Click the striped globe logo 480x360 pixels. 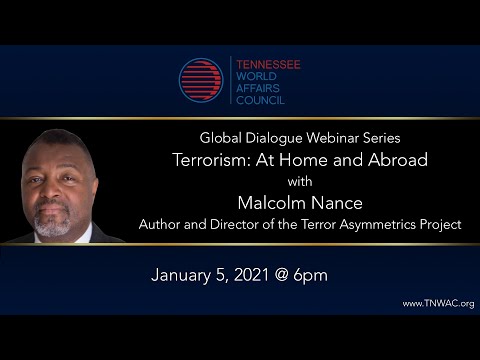click(x=200, y=80)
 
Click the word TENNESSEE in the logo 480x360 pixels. click(x=266, y=64)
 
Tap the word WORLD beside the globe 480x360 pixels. click(x=249, y=75)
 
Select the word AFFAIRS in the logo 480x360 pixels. click(x=253, y=87)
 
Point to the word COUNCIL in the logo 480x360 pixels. click(x=254, y=99)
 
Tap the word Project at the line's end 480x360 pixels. click(x=440, y=225)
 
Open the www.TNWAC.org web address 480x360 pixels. click(x=438, y=303)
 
